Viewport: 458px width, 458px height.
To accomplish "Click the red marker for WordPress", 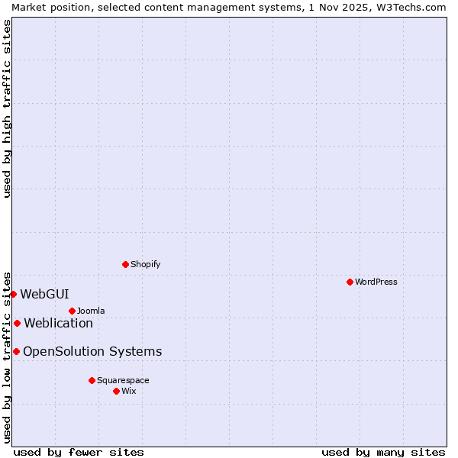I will point(350,282).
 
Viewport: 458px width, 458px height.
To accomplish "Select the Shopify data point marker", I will point(125,264).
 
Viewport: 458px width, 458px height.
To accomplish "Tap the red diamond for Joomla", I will point(72,311).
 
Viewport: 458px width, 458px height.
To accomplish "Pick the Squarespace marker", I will point(92,380).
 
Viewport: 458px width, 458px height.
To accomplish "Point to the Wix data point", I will point(116,391).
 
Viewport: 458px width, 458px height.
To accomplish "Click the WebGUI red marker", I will point(13,294).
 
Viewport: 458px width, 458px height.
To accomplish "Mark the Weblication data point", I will point(17,323).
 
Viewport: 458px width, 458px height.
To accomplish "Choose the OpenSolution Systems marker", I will point(16,351).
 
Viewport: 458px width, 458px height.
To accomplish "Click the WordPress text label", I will point(376,282).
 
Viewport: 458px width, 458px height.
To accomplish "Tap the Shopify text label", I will point(145,264).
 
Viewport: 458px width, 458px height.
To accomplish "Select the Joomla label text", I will point(91,311).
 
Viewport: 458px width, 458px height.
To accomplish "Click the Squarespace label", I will point(123,380).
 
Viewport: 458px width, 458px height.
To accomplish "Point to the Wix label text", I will point(129,391).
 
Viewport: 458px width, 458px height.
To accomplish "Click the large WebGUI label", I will point(44,294).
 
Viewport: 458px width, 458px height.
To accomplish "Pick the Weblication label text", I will point(58,323).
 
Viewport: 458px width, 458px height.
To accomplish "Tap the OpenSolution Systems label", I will point(92,351).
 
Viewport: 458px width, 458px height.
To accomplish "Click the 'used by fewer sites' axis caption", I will point(79,452).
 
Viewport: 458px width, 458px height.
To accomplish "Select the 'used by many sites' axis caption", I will point(383,452).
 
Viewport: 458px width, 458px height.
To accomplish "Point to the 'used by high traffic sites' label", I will point(7,108).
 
